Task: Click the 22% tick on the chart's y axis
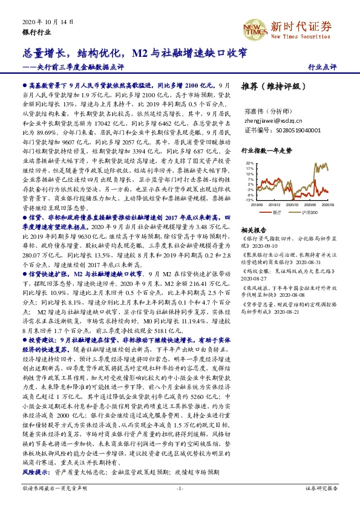(250, 163)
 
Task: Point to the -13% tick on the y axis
(250, 199)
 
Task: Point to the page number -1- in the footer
(180, 488)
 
